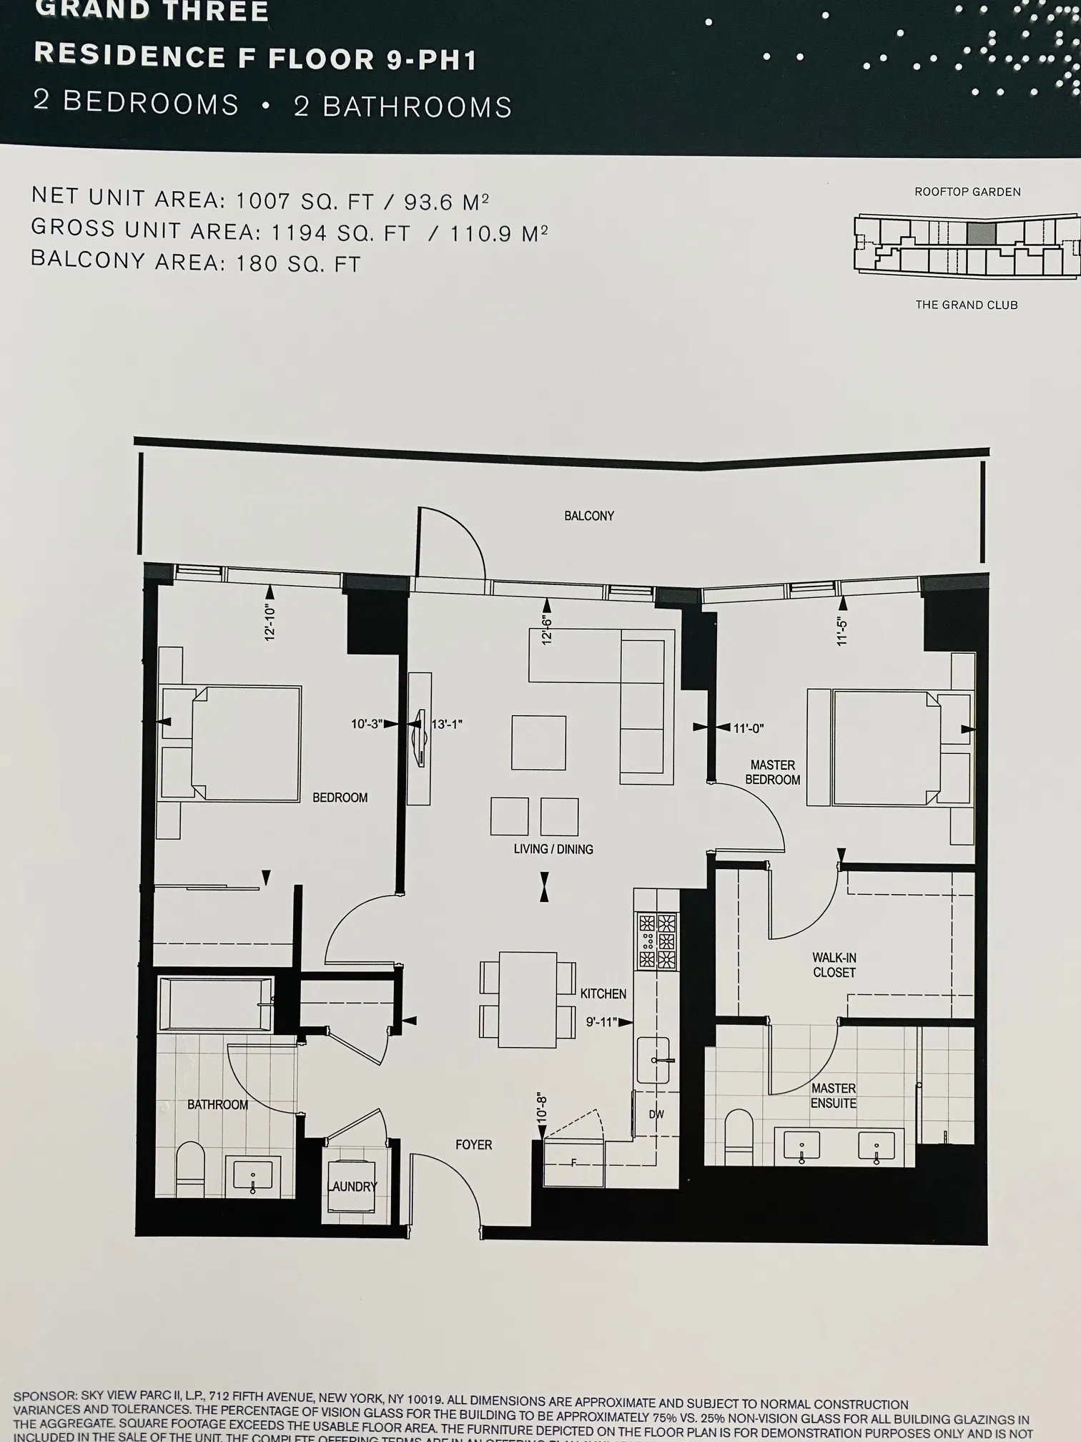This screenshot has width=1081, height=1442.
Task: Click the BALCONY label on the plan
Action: point(588,516)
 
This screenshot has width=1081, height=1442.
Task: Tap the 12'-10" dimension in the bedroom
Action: point(270,622)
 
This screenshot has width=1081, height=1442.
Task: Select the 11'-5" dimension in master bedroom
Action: point(842,631)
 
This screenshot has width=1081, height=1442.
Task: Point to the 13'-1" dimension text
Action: point(447,724)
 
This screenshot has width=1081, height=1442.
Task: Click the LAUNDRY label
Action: point(352,1186)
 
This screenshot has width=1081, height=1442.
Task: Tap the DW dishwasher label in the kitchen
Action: point(656,1114)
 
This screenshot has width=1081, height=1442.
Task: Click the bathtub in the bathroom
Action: point(214,1004)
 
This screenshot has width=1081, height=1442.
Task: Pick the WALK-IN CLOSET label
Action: point(834,965)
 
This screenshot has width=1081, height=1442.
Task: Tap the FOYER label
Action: point(473,1144)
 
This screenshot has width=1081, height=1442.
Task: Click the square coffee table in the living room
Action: point(538,742)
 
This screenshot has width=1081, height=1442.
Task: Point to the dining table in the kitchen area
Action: point(528,999)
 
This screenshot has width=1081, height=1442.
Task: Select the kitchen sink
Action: point(653,1059)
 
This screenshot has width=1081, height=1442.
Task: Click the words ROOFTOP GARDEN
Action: point(967,192)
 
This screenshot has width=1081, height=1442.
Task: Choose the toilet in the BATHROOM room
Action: point(190,1171)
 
